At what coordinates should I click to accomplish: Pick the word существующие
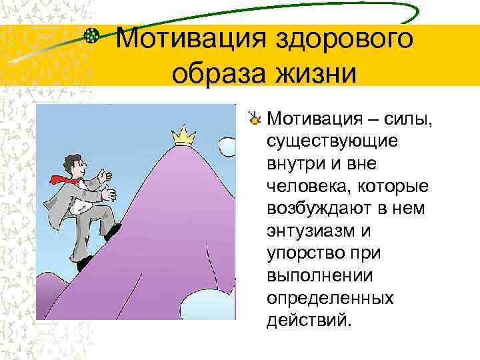(331, 141)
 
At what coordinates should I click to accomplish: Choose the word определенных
(329, 297)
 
